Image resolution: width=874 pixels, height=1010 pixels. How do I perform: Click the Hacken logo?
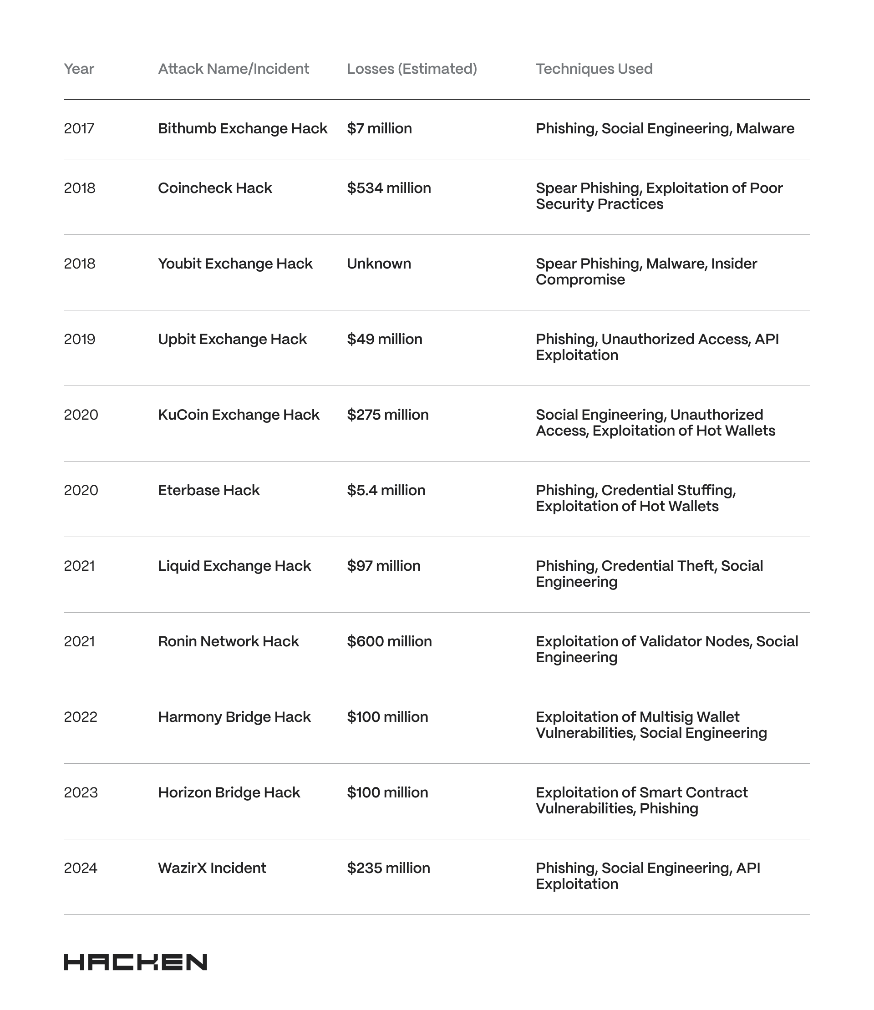(135, 962)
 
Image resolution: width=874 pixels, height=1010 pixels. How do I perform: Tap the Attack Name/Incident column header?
(233, 69)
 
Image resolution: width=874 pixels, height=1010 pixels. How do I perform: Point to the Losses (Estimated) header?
(412, 69)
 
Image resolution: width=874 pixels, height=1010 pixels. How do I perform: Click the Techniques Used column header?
(594, 69)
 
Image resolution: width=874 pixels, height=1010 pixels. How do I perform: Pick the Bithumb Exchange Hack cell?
(242, 128)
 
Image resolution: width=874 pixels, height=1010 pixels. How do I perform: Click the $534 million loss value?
(389, 188)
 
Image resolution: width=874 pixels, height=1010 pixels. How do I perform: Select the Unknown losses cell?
(378, 264)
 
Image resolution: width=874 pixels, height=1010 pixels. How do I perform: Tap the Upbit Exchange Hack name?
(232, 339)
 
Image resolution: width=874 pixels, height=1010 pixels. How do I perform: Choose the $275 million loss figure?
(388, 415)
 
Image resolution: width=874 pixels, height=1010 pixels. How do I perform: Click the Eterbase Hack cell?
(209, 490)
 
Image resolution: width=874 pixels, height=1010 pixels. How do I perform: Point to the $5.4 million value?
(386, 490)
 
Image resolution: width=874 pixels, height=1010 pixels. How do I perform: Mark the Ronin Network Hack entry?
(228, 641)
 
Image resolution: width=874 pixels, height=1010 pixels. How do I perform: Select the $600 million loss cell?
(389, 641)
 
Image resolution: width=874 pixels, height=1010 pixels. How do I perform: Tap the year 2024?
(81, 868)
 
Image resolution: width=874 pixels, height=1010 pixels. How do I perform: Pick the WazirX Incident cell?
(212, 868)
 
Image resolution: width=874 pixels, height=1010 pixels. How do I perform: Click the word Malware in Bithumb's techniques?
(765, 128)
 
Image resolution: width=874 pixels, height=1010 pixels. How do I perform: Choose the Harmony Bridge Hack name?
(234, 717)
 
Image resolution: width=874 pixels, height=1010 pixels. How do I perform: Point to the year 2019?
(80, 339)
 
